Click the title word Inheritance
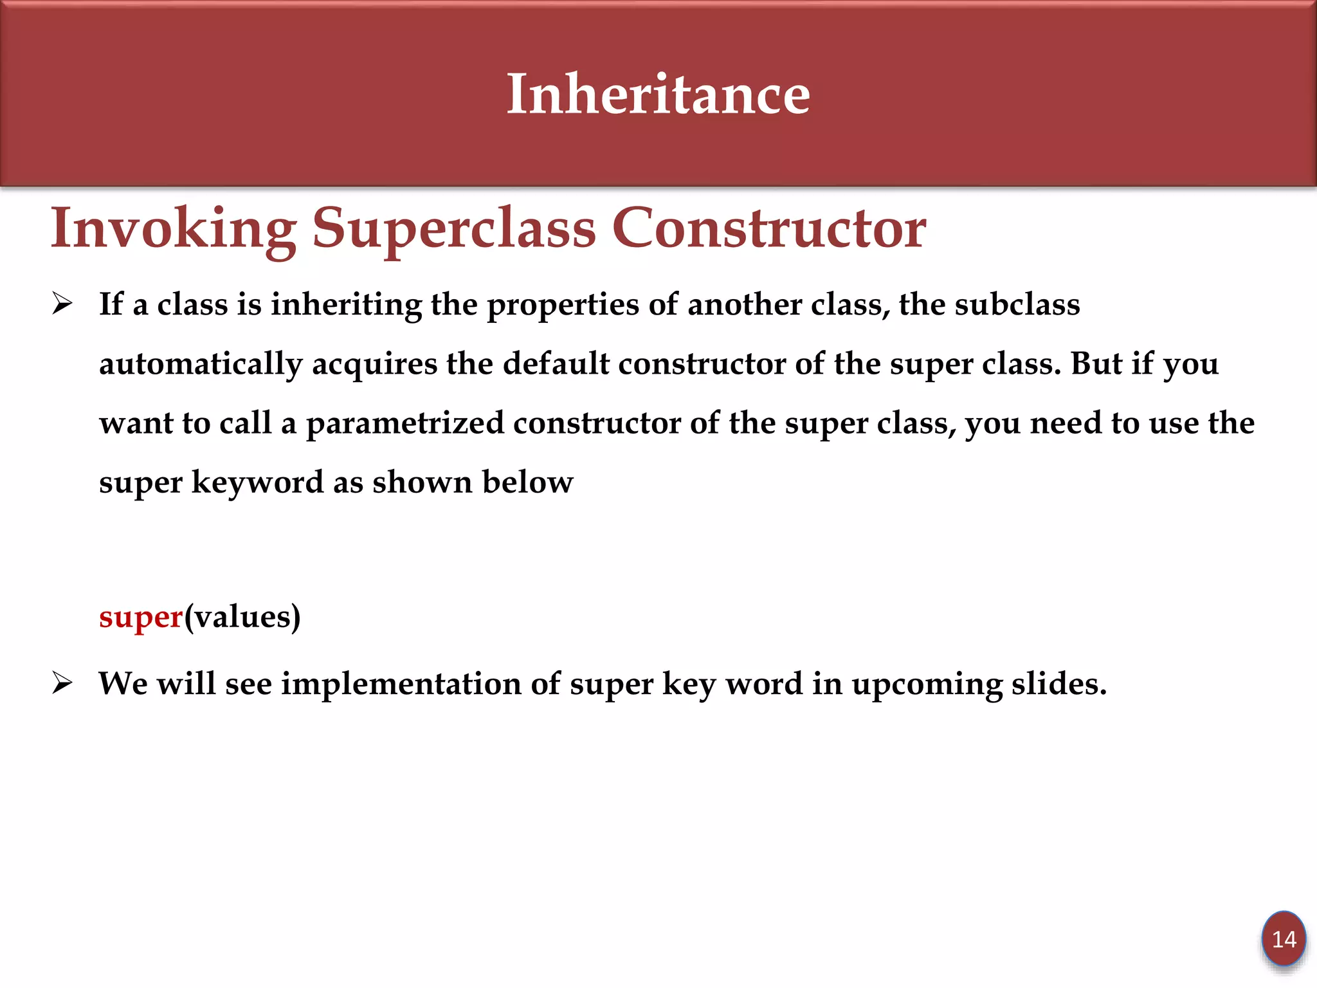(658, 95)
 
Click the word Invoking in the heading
(174, 228)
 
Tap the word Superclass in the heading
(454, 228)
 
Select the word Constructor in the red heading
(768, 228)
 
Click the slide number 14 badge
(1284, 939)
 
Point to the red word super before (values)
(141, 617)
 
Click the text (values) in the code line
(242, 617)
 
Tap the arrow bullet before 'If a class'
(62, 304)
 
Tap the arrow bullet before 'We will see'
(62, 683)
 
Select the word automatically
(200, 364)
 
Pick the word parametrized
(404, 423)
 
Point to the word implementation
(401, 684)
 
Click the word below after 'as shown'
(527, 482)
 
